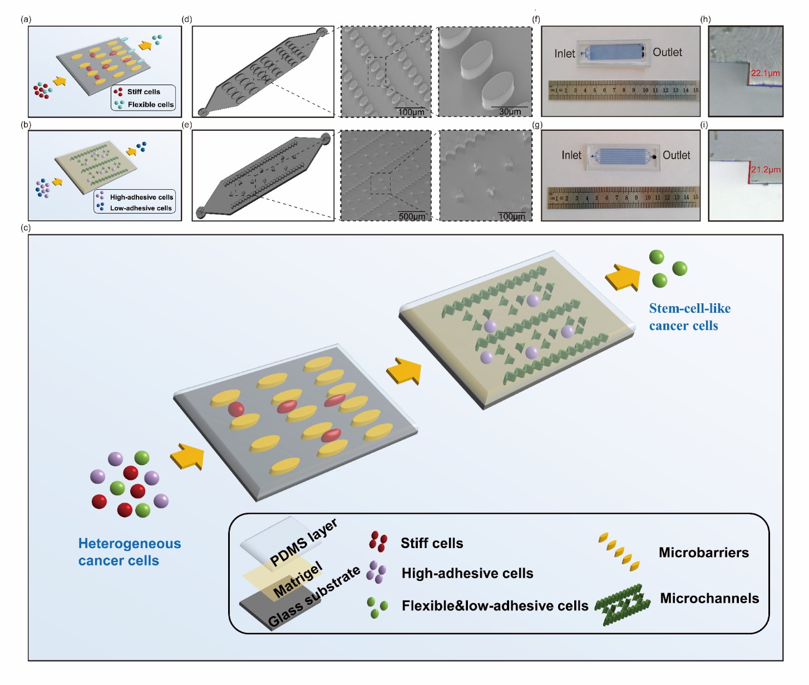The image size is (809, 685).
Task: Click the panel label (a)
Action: coord(26,19)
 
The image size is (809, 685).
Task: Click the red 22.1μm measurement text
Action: coord(765,73)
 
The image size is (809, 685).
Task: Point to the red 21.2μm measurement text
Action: coord(765,169)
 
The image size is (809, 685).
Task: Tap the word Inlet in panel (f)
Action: coord(564,53)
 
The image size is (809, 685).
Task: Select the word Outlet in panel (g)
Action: coord(676,155)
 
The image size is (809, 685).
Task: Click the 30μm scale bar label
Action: coord(510,112)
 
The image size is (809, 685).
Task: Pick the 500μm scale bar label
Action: coord(411,216)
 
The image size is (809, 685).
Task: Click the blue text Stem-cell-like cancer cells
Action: coord(689,317)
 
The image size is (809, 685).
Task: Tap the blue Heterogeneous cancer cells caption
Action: coord(129,551)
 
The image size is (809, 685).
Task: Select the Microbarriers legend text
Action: coord(703,553)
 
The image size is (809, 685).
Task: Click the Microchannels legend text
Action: coord(709,598)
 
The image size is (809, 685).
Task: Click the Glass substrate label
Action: coord(314,597)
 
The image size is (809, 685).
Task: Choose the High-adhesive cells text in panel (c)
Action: coord(467,573)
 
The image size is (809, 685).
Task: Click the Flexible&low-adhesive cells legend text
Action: coord(495,605)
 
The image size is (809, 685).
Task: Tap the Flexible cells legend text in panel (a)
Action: coord(150,105)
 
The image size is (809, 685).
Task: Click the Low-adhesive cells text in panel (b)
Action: coord(141,208)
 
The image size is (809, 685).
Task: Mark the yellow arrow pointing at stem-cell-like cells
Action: coord(622,277)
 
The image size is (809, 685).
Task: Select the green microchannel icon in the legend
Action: coord(622,604)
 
